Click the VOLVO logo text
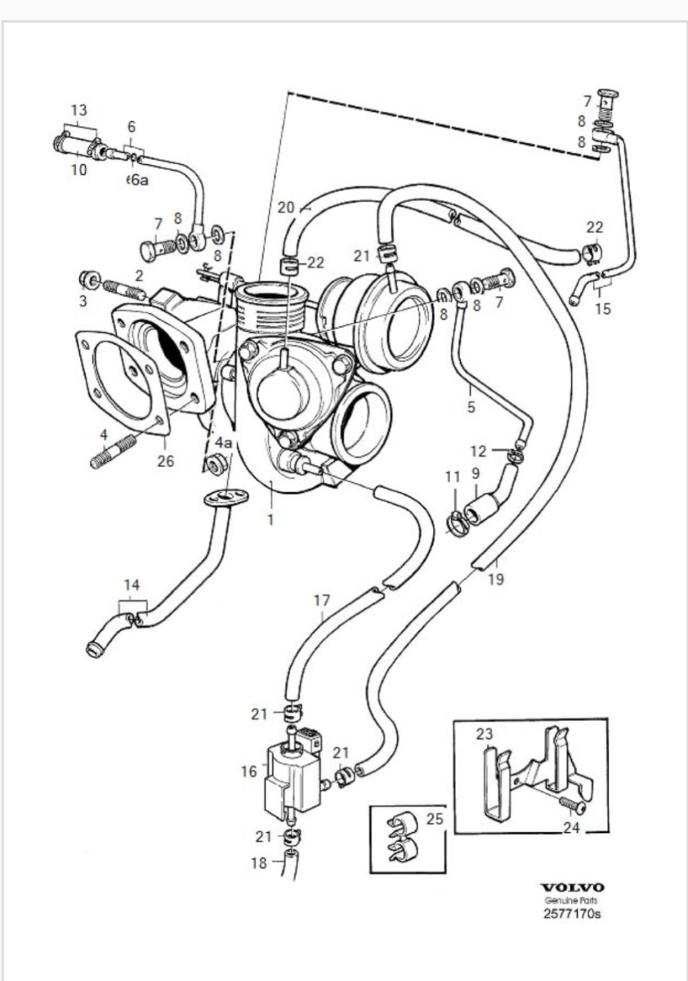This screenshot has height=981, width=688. (x=572, y=887)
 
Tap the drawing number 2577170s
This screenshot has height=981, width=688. (x=572, y=914)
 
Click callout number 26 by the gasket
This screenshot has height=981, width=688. (x=166, y=460)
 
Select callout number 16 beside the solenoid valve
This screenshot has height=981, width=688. (x=250, y=771)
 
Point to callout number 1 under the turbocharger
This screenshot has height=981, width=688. (x=270, y=518)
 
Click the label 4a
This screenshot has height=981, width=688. (x=223, y=442)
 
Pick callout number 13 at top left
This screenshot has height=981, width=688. (x=78, y=110)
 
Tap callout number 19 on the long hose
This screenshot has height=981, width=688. (x=495, y=580)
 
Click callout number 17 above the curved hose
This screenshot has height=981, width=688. (x=322, y=600)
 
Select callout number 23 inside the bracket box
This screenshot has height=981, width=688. (x=485, y=734)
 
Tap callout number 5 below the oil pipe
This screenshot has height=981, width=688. (x=471, y=407)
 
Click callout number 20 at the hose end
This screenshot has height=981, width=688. (x=285, y=208)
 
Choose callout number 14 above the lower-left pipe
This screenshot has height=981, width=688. (x=132, y=585)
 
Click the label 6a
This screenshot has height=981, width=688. (x=139, y=180)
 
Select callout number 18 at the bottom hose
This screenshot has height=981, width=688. (x=259, y=862)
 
